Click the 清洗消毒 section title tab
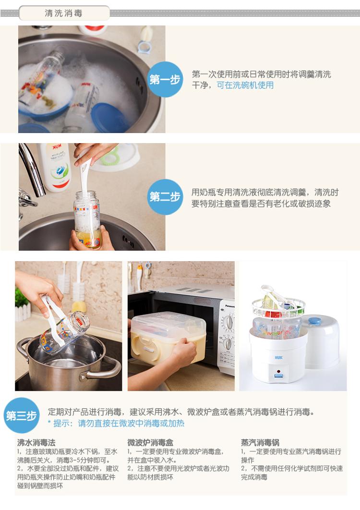64,13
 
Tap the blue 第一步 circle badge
165,79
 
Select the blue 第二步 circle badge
165,197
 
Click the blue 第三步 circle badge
22,415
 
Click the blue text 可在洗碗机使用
245,85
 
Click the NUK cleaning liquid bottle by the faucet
57,167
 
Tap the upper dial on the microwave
229,322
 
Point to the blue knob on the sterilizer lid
315,321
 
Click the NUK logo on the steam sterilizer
278,357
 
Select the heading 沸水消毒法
36,442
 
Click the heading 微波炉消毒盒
150,442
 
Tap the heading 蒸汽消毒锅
260,442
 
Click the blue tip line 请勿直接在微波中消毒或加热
131,423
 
